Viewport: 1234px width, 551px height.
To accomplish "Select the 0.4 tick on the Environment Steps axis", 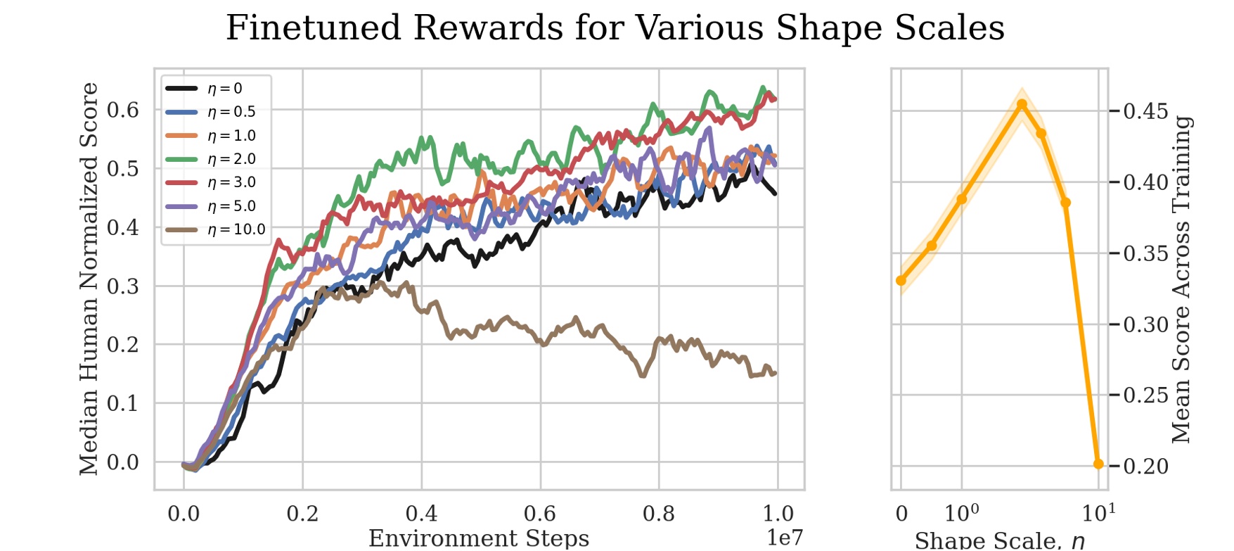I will [421, 514].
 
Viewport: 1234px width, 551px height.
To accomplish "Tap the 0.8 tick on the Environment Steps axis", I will [659, 514].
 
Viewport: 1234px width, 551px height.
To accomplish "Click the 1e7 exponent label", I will [784, 538].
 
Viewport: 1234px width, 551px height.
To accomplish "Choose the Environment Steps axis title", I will [479, 538].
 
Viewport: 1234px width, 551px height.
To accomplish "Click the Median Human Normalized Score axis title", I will [89, 279].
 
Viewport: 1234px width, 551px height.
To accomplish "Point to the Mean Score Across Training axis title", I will [1181, 279].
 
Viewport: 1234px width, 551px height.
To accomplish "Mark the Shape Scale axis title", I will [999, 540].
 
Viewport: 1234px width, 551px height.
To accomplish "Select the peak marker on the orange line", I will [1022, 105].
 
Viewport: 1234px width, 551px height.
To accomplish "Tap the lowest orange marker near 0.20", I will [1098, 464].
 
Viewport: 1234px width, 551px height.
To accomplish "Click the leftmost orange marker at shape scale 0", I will [901, 281].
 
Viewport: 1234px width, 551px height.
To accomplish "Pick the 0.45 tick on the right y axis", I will [1145, 111].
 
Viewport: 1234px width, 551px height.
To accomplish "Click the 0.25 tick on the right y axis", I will [1145, 395].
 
